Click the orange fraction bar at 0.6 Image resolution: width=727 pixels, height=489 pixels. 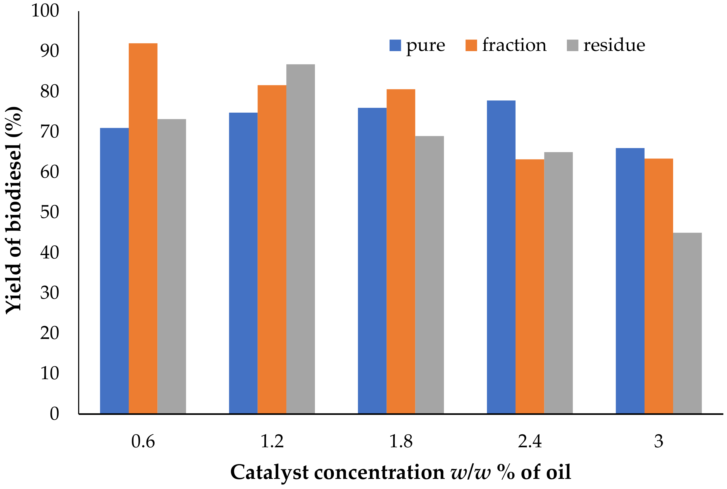[143, 228]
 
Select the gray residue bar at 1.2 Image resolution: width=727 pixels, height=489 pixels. [301, 239]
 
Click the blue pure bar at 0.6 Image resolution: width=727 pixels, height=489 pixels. [114, 271]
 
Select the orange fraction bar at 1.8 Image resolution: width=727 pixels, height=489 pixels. [400, 251]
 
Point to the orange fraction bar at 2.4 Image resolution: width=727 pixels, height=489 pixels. [529, 286]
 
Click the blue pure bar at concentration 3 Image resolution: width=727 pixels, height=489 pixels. [630, 281]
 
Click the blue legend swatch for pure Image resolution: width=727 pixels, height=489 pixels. [395, 45]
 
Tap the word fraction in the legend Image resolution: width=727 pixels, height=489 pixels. [514, 45]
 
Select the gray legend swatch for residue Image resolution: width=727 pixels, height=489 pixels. [572, 45]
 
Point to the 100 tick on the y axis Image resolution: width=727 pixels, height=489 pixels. [45, 11]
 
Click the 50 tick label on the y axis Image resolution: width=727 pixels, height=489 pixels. [49, 212]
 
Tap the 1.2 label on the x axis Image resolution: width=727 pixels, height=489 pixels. [272, 441]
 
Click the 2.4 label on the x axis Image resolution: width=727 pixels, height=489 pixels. [529, 441]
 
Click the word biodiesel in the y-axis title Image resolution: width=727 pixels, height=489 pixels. [13, 187]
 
